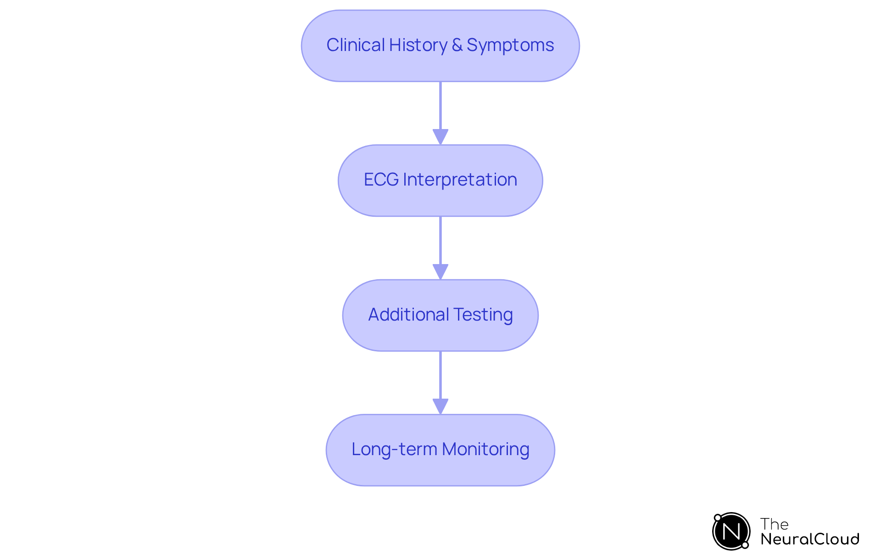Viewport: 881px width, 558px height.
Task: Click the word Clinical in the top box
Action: (356, 45)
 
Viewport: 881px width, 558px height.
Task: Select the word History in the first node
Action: (418, 45)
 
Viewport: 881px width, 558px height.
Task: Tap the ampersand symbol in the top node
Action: (457, 45)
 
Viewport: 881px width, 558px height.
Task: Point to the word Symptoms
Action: (510, 45)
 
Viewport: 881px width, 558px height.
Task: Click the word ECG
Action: (381, 180)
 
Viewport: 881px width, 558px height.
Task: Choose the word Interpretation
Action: (460, 180)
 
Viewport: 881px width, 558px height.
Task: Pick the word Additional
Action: (408, 315)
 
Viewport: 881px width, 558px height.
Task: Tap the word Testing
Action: (483, 315)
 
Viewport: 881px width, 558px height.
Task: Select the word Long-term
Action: (394, 449)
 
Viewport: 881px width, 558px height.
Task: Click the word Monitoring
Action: (485, 449)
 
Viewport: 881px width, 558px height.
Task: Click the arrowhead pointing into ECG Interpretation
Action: (440, 137)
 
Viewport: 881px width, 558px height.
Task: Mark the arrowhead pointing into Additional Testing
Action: (440, 271)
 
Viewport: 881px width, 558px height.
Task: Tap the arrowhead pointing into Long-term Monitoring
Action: (440, 406)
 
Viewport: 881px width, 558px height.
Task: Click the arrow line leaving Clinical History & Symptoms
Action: (440, 106)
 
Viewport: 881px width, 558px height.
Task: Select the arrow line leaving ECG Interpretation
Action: (440, 240)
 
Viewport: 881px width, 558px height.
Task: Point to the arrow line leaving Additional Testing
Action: (440, 375)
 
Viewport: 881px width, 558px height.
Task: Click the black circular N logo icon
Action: (731, 531)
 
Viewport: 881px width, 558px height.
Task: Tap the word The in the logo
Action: (774, 524)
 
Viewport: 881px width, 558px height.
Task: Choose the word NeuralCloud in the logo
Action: (810, 539)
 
